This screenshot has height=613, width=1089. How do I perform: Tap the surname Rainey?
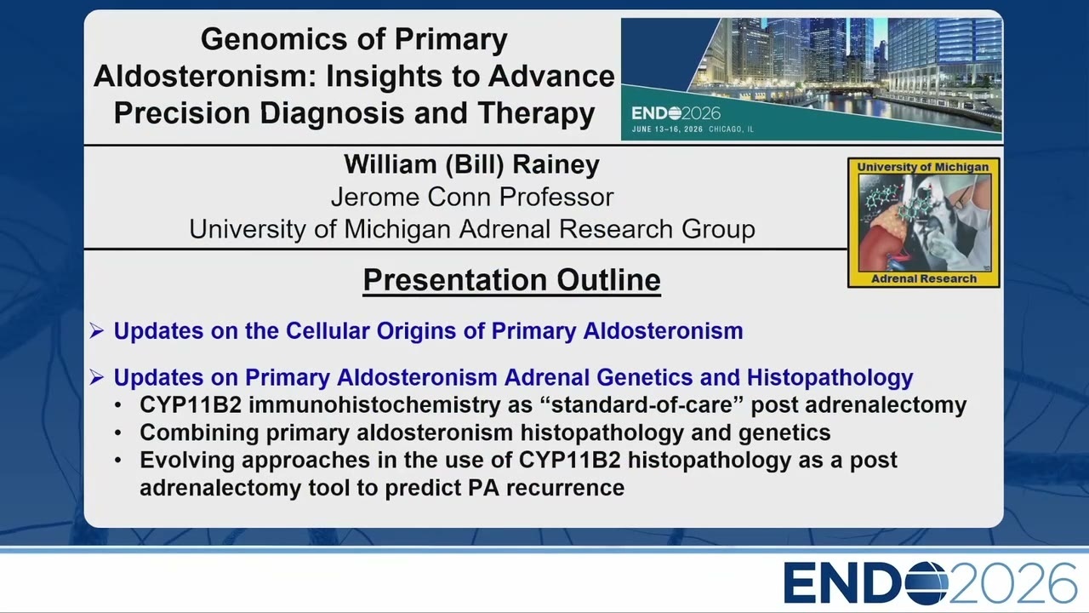(x=556, y=165)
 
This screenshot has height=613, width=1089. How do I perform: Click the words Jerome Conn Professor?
(x=472, y=198)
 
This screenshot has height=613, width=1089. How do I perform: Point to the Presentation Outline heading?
(x=512, y=280)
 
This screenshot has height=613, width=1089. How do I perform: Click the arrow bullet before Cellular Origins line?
(x=96, y=331)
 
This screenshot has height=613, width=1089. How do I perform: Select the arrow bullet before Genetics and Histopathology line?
(x=96, y=377)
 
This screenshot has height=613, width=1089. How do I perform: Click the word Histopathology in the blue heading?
(x=830, y=378)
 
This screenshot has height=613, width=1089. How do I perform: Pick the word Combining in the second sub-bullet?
(x=199, y=433)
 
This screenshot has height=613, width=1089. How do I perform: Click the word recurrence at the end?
(x=565, y=488)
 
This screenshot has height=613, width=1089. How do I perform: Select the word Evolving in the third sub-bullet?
(x=187, y=461)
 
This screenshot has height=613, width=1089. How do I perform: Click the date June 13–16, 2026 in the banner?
(x=667, y=129)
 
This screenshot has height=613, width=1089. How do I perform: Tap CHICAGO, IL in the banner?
(x=731, y=129)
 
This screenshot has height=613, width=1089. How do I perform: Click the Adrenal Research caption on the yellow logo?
(x=924, y=278)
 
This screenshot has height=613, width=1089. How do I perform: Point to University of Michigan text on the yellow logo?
(x=923, y=167)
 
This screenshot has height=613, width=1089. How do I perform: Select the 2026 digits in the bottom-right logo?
(x=1012, y=583)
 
